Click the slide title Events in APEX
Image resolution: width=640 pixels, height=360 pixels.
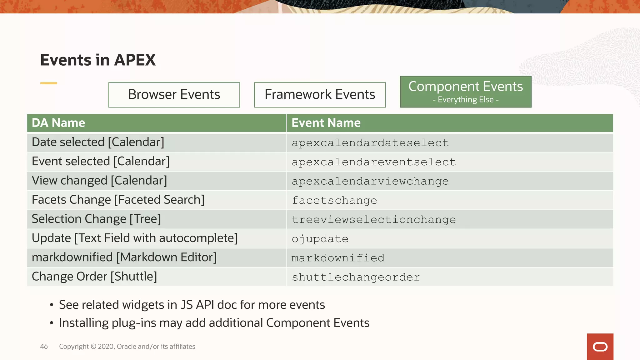click(98, 60)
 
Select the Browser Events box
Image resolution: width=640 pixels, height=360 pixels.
click(174, 95)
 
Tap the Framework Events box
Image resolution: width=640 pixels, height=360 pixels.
click(320, 95)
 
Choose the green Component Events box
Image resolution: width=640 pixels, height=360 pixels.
click(465, 92)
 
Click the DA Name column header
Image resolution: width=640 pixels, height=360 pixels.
click(58, 123)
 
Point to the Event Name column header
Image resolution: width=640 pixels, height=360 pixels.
click(326, 123)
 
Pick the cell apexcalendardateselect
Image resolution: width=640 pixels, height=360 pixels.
click(370, 143)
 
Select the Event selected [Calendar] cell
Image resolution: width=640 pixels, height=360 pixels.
click(101, 162)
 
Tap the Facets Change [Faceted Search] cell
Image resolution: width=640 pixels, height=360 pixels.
click(118, 200)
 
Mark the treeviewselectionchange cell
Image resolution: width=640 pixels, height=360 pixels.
click(374, 220)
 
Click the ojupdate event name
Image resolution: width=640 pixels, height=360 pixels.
click(320, 239)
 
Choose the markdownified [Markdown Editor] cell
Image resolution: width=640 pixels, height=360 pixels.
click(124, 257)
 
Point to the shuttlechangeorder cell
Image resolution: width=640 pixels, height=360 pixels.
click(356, 277)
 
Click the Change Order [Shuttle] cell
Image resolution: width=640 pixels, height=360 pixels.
click(94, 277)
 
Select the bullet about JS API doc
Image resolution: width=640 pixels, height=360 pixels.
click(192, 305)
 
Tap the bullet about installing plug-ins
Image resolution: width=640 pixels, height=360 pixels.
click(214, 323)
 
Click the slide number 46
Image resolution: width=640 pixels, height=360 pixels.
click(44, 347)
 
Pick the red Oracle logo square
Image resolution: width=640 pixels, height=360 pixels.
click(600, 347)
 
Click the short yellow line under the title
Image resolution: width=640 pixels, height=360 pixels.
click(48, 83)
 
